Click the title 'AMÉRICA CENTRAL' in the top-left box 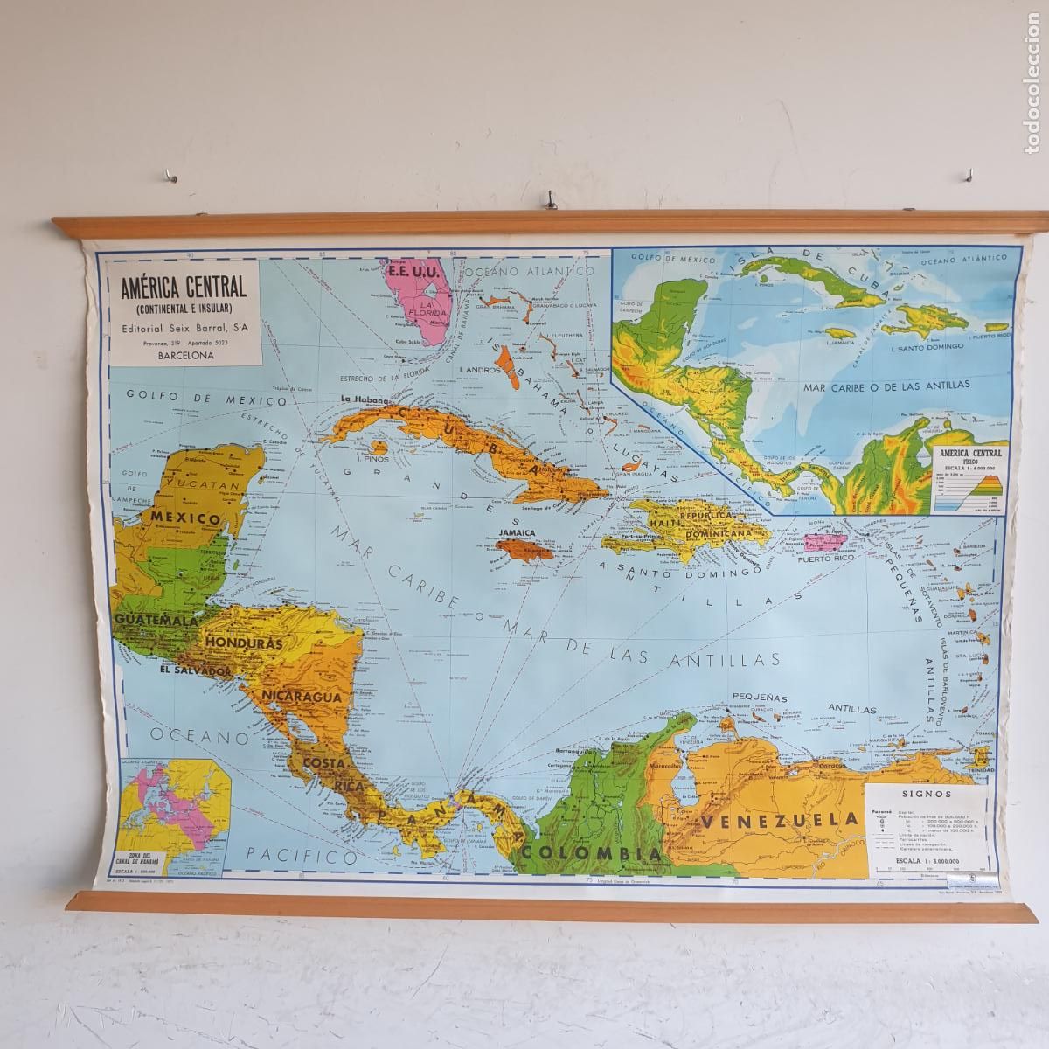[x=184, y=286]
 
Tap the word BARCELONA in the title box [x=183, y=357]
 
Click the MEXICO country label [x=184, y=518]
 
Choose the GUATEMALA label [x=154, y=620]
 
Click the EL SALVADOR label [x=195, y=671]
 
